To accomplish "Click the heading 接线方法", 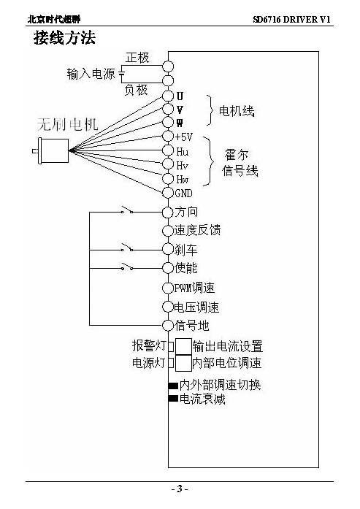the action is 64,38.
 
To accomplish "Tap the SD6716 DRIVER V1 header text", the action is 291,20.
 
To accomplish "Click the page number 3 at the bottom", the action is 180,489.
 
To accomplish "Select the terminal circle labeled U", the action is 168,96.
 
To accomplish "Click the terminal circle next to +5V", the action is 168,136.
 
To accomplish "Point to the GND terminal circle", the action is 168,193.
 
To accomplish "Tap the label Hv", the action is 182,166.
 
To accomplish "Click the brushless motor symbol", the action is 51,150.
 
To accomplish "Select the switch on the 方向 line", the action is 127,210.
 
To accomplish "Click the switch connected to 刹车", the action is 127,248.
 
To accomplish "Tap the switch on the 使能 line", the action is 127,267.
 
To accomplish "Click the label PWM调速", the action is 194,288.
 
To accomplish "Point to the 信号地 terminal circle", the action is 168,325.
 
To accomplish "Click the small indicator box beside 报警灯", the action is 171,346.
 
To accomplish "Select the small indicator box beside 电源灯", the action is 171,363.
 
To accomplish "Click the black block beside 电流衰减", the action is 173,398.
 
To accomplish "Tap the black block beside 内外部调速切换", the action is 173,386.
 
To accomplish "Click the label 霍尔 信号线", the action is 240,163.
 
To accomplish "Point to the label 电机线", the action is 237,111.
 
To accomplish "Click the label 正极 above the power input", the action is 137,58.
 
